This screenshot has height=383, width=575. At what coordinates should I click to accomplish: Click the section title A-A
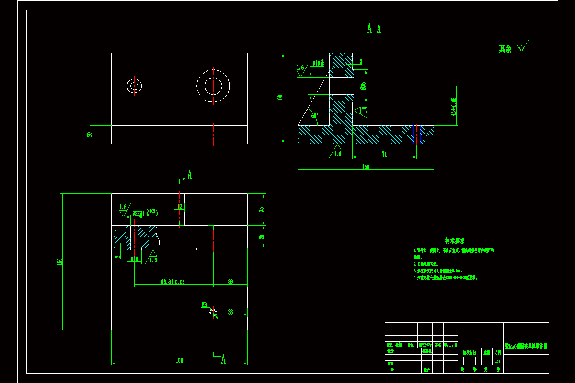(x=374, y=29)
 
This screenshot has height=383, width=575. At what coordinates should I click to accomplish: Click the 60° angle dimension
(x=315, y=115)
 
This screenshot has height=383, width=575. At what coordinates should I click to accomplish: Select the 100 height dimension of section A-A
(x=280, y=98)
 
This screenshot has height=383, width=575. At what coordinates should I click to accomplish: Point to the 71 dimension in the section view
(x=384, y=154)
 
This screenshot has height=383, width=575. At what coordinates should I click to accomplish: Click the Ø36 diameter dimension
(x=364, y=86)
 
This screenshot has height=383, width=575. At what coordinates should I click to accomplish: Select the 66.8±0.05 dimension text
(x=172, y=282)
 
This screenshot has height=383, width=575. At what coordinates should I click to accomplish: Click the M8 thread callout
(x=204, y=304)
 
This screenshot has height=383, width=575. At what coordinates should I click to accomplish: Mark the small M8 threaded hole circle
(x=213, y=313)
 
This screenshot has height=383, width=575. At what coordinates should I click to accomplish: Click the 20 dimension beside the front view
(x=89, y=134)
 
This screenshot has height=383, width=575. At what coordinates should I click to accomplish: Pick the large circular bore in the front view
(x=213, y=86)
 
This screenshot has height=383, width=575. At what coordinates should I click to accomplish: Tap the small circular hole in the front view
(x=134, y=86)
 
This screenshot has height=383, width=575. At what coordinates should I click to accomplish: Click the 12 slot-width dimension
(x=179, y=207)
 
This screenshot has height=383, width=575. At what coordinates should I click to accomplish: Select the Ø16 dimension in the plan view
(x=134, y=259)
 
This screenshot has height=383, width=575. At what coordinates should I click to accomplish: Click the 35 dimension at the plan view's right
(x=261, y=210)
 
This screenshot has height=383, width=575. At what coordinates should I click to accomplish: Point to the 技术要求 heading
(x=454, y=241)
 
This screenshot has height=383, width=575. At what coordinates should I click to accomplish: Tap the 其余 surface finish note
(x=505, y=49)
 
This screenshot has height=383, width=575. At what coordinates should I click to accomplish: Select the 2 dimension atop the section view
(x=360, y=62)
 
